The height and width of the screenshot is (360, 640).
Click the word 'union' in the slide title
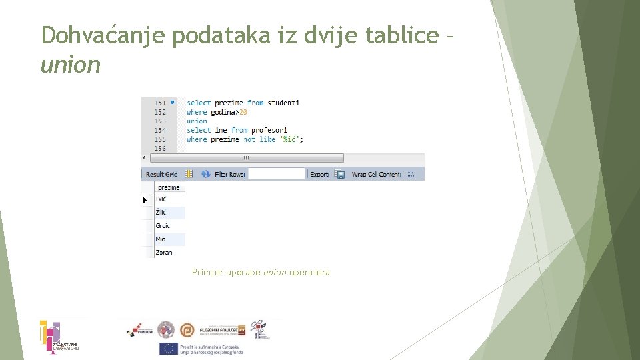71,65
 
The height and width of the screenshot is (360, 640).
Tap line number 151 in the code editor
160,103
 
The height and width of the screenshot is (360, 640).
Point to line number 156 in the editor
160,149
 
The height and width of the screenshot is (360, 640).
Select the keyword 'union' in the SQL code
197,121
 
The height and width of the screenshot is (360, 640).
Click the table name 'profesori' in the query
269,130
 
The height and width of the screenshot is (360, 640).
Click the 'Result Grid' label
161,174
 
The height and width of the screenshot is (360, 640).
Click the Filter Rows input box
276,174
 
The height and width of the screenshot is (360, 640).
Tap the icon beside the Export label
339,174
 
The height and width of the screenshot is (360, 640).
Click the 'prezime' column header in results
169,188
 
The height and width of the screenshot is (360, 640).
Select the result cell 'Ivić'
161,199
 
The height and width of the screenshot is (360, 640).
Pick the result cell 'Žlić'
161,212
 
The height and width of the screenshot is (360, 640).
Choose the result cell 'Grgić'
163,226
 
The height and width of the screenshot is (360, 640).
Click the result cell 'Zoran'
163,253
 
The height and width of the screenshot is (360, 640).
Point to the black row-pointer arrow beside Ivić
145,200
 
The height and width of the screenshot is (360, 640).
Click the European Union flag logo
167,349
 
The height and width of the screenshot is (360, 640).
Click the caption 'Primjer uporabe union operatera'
261,272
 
